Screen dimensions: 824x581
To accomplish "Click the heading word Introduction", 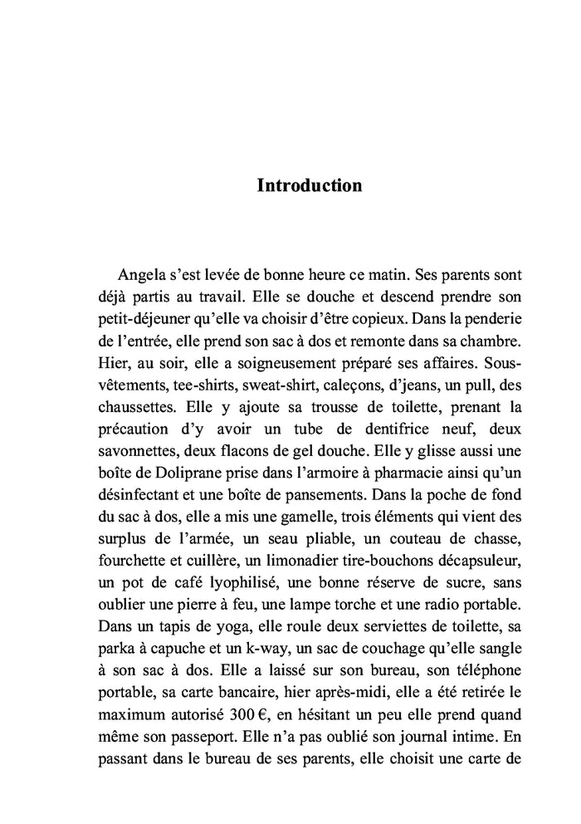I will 310,184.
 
